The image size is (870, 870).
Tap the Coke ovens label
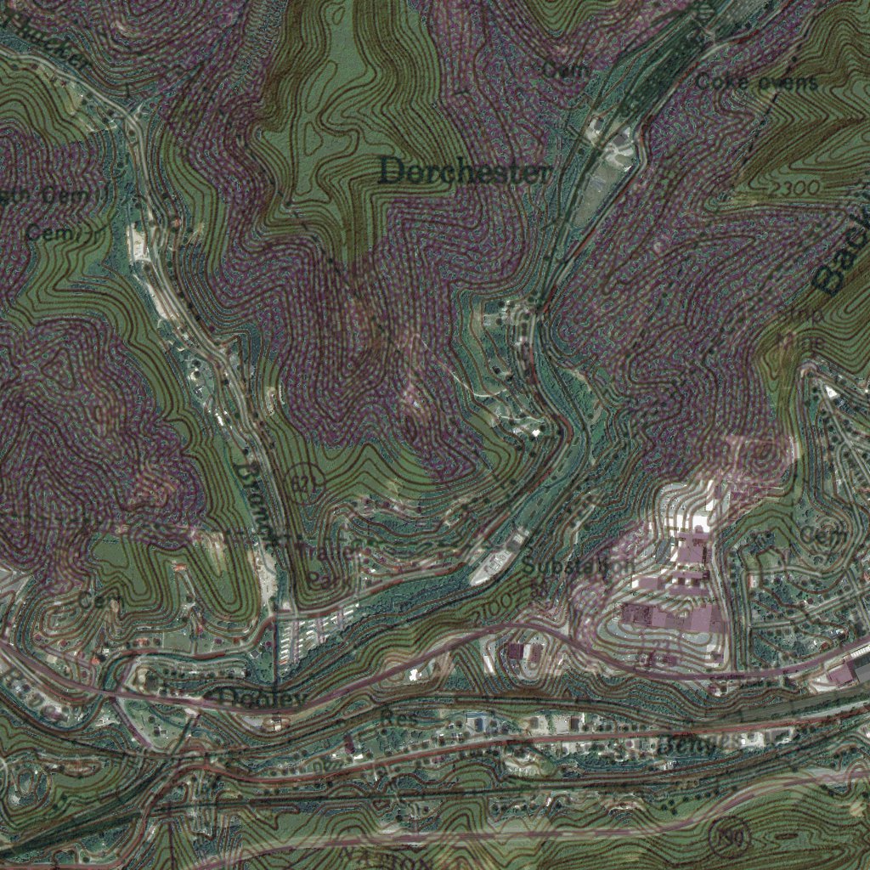(x=757, y=82)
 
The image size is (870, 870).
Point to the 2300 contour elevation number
(x=797, y=186)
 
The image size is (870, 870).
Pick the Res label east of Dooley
(x=402, y=719)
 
